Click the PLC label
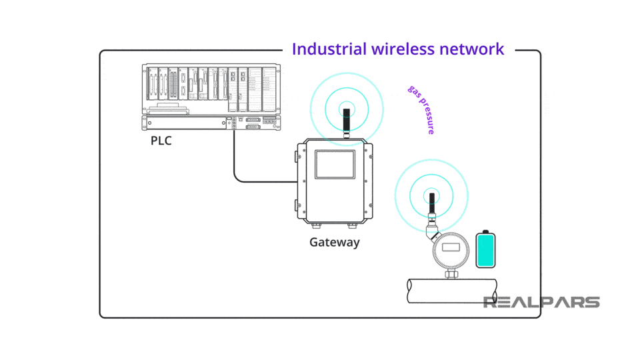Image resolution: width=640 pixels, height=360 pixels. tap(161, 141)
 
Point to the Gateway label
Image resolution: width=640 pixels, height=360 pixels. tap(334, 242)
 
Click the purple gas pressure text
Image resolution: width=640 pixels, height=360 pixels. tap(421, 110)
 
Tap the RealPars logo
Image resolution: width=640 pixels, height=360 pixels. tap(541, 302)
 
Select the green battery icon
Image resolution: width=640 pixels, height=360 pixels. tap(485, 249)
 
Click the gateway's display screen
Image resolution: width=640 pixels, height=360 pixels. tap(335, 165)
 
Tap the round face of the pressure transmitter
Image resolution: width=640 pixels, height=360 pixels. tap(451, 252)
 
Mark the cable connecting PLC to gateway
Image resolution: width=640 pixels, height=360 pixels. tap(235, 160)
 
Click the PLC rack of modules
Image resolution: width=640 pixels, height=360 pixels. tap(211, 88)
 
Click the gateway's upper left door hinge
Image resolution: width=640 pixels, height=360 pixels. tap(297, 157)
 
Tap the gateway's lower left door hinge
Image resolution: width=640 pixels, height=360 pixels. tap(297, 205)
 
